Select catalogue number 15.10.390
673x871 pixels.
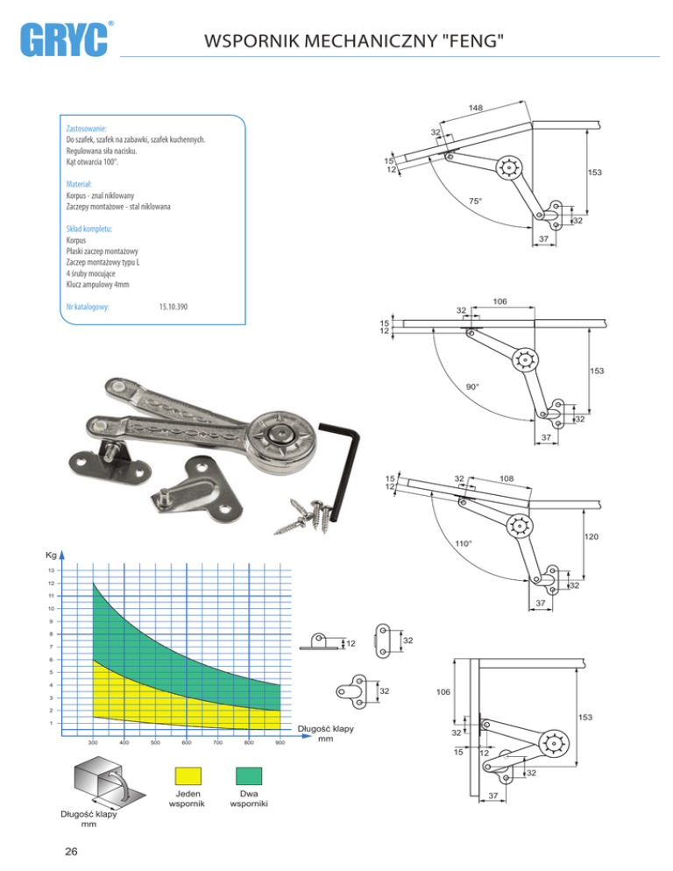tap(173, 307)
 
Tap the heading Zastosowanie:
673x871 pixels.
tap(86, 128)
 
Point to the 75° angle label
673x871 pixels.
tap(475, 201)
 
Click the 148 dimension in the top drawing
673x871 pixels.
tap(476, 108)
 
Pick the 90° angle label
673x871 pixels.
tap(472, 386)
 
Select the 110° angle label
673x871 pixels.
tap(464, 543)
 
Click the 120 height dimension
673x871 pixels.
tap(592, 536)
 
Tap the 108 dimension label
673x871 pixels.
tap(507, 478)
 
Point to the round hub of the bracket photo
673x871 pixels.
tap(281, 437)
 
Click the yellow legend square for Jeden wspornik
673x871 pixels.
tap(188, 775)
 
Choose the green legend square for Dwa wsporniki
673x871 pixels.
tap(248, 775)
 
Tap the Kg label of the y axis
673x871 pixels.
tap(51, 555)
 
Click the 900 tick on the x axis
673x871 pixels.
tap(280, 742)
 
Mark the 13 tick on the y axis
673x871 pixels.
tap(51, 570)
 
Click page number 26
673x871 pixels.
tap(71, 852)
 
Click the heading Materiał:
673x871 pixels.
tap(79, 184)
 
